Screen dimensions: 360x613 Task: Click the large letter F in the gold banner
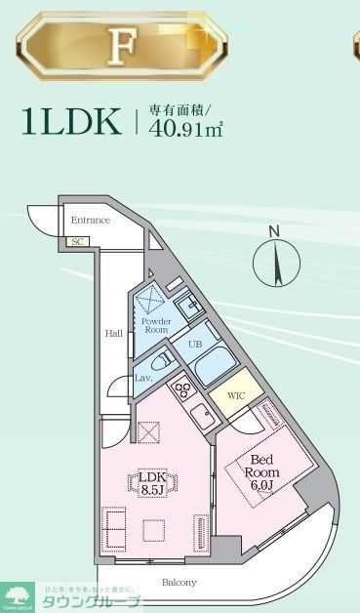(123, 46)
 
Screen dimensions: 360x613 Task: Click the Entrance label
(90, 221)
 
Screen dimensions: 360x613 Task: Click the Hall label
(114, 334)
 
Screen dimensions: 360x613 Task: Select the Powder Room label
(155, 326)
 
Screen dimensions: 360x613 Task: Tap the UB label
(195, 345)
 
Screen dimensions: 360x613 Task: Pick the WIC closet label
(236, 395)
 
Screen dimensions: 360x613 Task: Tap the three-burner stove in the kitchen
(182, 391)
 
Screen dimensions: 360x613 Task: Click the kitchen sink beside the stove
(202, 417)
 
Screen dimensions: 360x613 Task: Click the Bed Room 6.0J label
(262, 471)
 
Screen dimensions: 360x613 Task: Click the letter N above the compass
(274, 231)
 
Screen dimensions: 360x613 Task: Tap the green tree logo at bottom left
(18, 594)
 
